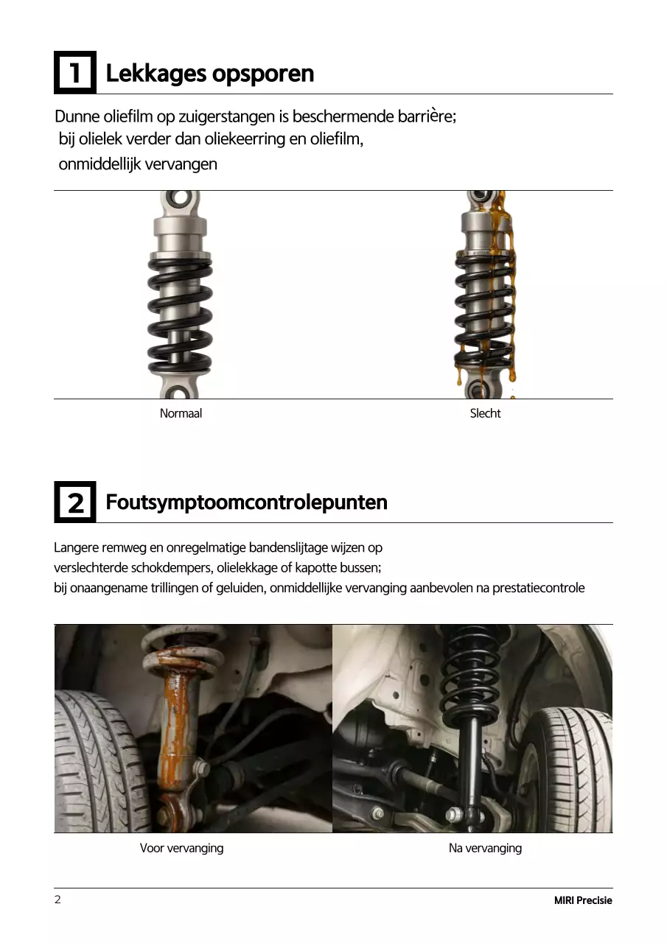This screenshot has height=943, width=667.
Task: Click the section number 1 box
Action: pos(75,73)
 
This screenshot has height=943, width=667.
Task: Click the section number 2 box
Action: pos(75,502)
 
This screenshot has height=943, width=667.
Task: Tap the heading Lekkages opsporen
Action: pos(210,74)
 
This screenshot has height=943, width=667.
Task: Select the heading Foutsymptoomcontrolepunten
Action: pos(246,502)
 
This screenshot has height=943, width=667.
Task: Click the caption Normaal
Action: pos(181,414)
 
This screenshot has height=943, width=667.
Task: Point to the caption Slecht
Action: pos(485,414)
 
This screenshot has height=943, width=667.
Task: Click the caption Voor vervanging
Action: pos(181,848)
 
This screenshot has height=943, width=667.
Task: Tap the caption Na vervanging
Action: pos(485,848)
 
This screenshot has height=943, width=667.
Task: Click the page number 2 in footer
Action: pos(57,900)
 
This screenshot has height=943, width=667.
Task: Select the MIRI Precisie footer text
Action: pos(583,900)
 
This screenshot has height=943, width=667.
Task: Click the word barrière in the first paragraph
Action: pos(427,116)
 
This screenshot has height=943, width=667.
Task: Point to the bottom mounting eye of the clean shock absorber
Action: pos(180,390)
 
